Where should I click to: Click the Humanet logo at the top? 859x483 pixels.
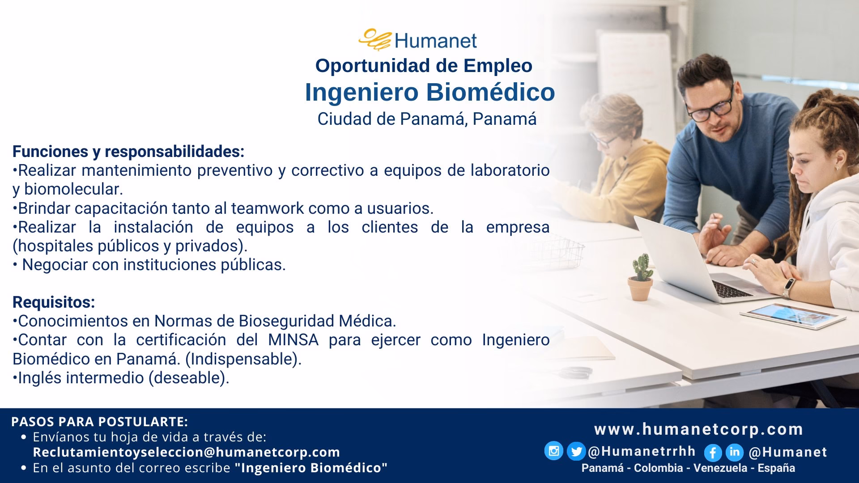point(418,40)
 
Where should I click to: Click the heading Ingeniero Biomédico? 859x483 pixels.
point(429,92)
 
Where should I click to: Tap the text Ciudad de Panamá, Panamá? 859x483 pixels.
point(427,119)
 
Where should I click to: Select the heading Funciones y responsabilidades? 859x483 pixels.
point(128,152)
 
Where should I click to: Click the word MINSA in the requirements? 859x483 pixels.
point(293,340)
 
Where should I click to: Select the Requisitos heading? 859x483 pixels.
point(54,302)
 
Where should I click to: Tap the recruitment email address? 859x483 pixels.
point(187,452)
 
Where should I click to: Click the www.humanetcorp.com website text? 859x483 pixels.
point(698,429)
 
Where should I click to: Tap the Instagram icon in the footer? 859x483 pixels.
point(553,451)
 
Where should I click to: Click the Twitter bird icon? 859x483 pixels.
point(576,452)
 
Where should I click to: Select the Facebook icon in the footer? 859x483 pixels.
point(713,453)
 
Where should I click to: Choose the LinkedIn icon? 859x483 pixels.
point(734,452)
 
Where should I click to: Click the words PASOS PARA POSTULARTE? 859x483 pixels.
point(99,422)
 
